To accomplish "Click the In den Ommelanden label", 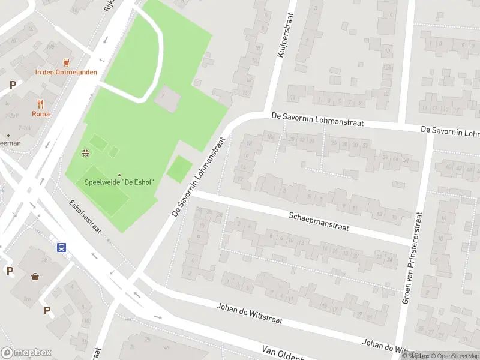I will (66, 73).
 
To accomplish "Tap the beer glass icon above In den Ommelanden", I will (66, 61).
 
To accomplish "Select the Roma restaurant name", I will (41, 114).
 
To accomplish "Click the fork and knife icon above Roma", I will (41, 103).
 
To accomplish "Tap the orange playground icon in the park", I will (86, 152).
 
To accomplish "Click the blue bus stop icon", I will (61, 247).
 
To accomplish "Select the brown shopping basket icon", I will (36, 277).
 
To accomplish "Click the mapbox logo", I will (26, 353).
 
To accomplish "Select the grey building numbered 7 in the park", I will (166, 98).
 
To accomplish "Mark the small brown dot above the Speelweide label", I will (119, 175).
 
